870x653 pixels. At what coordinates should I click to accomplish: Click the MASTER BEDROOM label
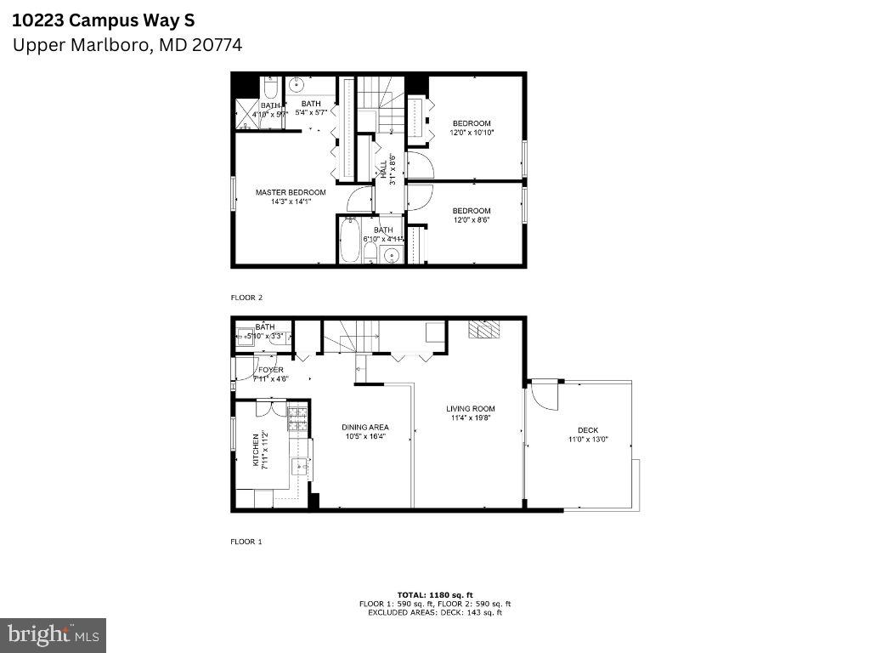[x=291, y=192]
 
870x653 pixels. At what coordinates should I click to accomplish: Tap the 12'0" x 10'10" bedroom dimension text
[x=472, y=133]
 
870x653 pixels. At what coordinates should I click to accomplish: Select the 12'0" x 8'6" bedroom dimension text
[x=472, y=220]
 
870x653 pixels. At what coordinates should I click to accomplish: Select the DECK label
[x=588, y=430]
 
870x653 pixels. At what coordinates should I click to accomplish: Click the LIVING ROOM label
[x=470, y=409]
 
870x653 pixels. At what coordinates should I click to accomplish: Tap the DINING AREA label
[x=365, y=428]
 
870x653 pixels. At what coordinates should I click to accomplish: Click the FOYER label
[x=270, y=370]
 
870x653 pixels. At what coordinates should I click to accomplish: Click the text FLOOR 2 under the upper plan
[x=246, y=298]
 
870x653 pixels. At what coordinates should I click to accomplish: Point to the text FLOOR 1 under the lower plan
[x=246, y=541]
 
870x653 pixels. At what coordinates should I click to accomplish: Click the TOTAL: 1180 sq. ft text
[x=434, y=594]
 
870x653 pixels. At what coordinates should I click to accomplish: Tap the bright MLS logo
[x=53, y=634]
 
